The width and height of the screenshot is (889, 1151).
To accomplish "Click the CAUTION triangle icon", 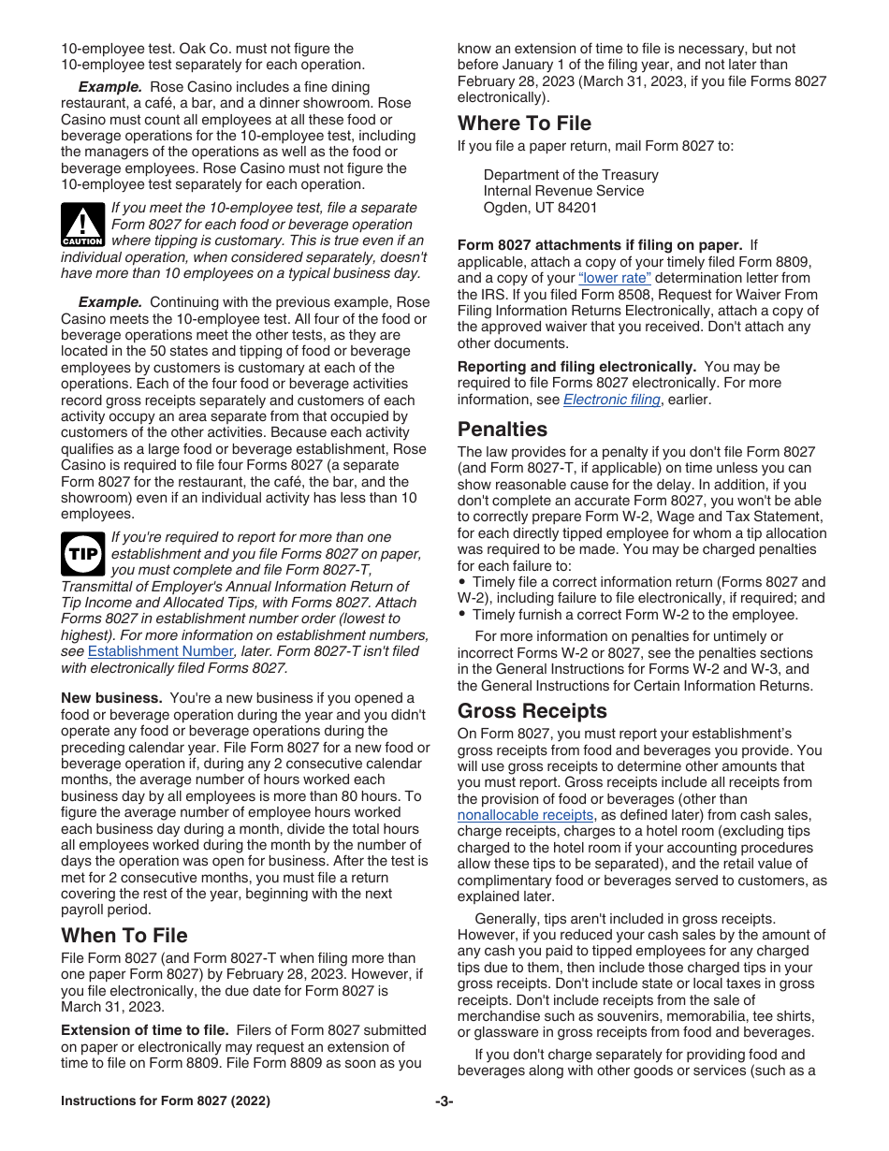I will click(x=82, y=225).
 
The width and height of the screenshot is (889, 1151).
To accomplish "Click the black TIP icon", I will click(x=82, y=554).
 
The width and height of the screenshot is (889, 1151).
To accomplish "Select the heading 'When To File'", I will click(x=124, y=936).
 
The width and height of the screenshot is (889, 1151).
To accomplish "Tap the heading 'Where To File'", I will click(x=524, y=124).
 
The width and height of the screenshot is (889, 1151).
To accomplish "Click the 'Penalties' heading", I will click(x=503, y=430).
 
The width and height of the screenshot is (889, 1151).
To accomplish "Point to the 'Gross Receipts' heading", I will click(x=532, y=711).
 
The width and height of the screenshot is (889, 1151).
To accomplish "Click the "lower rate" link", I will click(x=615, y=278).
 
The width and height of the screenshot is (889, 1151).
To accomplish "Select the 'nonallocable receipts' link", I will click(x=525, y=816).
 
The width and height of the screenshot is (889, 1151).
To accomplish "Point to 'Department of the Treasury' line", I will click(x=571, y=175).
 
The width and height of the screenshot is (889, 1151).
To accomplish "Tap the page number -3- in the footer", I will click(x=444, y=1101).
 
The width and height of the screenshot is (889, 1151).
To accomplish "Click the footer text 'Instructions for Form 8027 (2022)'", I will click(x=166, y=1101).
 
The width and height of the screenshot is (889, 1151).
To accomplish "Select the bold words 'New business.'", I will click(x=112, y=698).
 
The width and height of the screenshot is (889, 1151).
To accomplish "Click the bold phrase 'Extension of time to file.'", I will click(x=145, y=1030).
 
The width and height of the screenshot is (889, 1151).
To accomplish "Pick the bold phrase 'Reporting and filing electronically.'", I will click(x=576, y=367).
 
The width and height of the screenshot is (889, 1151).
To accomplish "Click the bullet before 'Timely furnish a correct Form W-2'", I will click(x=462, y=615).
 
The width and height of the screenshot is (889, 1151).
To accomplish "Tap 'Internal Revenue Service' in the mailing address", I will click(x=563, y=191).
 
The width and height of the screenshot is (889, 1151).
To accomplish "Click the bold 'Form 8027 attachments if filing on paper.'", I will click(x=600, y=245).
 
